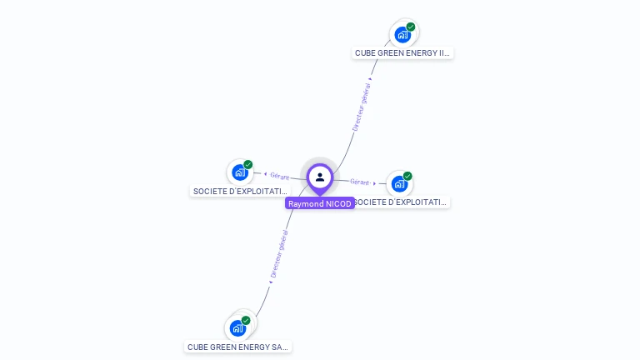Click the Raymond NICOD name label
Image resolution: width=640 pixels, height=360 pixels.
click(319, 203)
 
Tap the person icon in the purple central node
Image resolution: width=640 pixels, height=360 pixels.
click(320, 177)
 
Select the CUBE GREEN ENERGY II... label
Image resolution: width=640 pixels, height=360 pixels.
click(402, 52)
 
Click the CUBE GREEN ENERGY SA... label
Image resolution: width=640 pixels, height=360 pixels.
click(238, 347)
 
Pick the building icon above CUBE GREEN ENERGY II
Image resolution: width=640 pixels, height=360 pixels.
click(402, 35)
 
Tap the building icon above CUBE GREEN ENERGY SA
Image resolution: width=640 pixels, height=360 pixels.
click(237, 328)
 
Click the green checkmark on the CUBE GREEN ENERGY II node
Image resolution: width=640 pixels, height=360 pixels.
click(411, 27)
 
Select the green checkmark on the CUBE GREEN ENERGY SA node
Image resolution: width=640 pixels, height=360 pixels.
click(246, 320)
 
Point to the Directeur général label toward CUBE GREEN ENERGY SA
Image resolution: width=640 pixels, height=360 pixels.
click(279, 254)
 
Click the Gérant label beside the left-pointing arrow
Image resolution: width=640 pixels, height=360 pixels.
click(279, 176)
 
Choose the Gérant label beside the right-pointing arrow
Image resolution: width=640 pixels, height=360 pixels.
click(359, 182)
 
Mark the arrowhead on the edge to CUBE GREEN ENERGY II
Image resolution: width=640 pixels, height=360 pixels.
click(370, 79)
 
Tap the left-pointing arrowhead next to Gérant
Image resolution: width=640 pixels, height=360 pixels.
click(265, 174)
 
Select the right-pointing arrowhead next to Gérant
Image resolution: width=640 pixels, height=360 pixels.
click(374, 183)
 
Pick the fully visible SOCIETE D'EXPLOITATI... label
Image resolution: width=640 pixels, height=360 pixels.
click(240, 191)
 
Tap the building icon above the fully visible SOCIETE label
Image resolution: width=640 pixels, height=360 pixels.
click(240, 172)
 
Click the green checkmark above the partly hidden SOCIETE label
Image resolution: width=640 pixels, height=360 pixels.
click(407, 176)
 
